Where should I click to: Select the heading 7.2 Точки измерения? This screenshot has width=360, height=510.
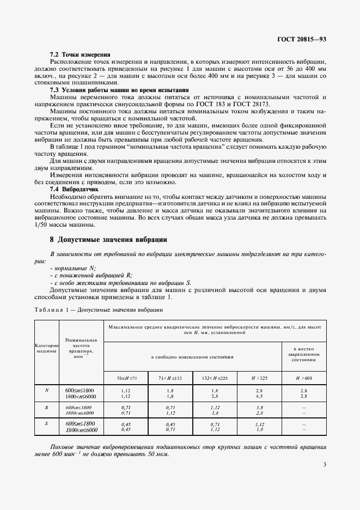(80, 54)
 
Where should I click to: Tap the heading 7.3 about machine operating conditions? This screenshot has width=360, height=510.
(119, 90)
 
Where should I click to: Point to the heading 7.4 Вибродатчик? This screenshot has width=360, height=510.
(77, 189)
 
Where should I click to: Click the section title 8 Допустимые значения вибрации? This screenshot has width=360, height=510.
(108, 239)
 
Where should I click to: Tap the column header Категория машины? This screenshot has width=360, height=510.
(46, 349)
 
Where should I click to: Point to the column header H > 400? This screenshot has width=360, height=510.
(303, 378)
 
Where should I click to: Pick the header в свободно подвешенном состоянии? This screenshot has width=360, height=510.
(192, 357)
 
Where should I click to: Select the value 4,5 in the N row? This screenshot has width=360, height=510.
(259, 396)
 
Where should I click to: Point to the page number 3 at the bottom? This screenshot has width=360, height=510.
(325, 479)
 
